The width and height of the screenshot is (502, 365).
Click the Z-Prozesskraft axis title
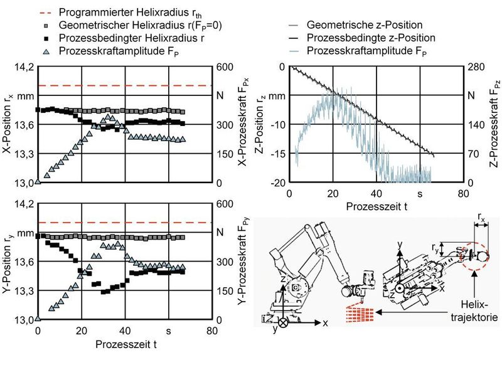pos(493,125)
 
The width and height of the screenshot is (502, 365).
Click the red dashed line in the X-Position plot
pos(125,85)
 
